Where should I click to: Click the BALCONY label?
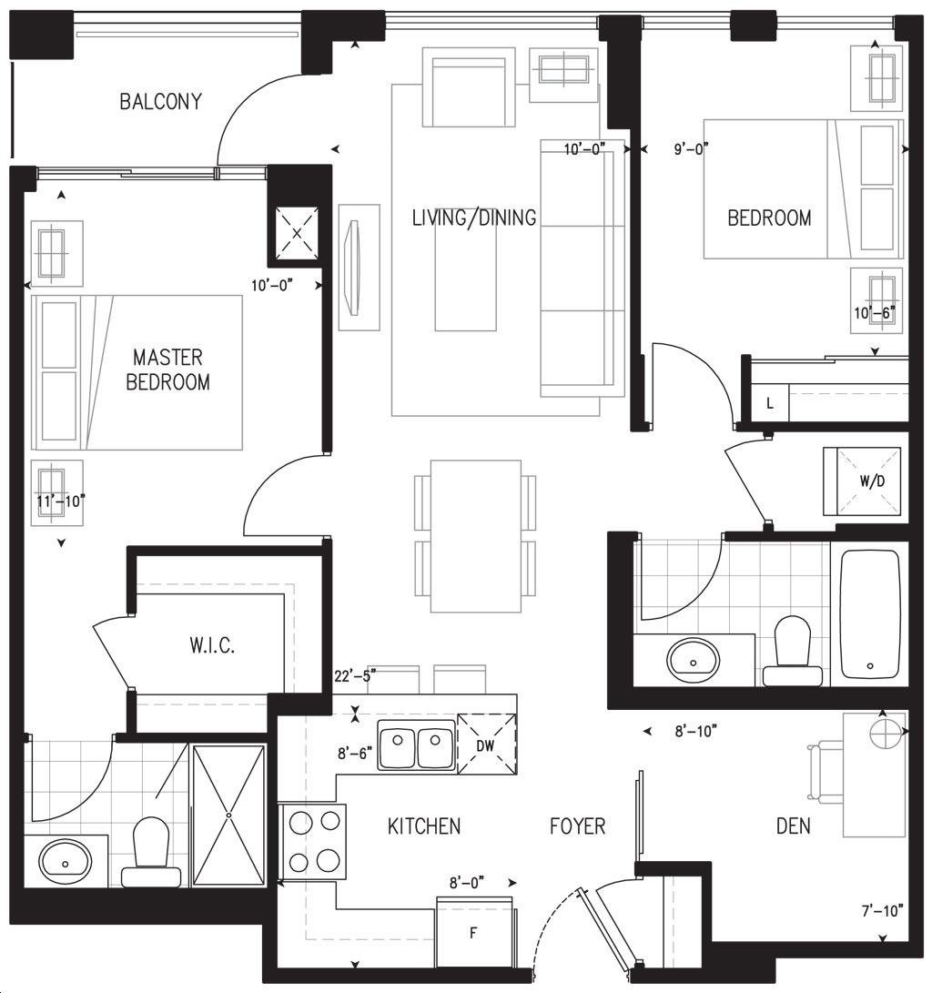pos(161,101)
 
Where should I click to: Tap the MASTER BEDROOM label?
pos(167,370)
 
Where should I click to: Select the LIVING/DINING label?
pos(474,218)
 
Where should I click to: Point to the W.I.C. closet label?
pos(212,646)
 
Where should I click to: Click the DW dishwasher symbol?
pos(486,745)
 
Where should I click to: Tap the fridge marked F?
pos(474,932)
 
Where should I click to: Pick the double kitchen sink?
pos(416,745)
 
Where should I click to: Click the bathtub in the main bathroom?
pos(870,613)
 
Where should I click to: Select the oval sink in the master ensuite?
pos(66,861)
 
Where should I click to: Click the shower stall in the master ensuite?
pos(228,816)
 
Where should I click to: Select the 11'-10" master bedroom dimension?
pos(61,502)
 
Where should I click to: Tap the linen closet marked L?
pos(769,403)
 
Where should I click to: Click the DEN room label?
pos(793,826)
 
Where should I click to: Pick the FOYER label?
pos(577,826)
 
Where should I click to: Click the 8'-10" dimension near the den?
pos(696,732)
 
